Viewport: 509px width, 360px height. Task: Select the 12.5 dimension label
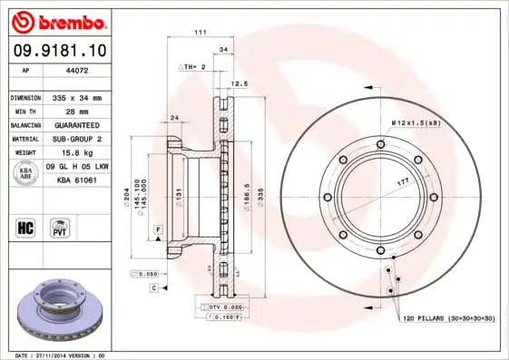240,83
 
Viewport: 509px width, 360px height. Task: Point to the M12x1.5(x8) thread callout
415,122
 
